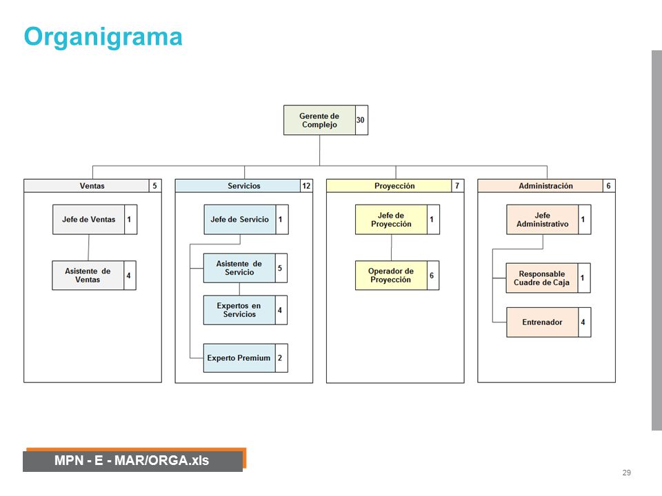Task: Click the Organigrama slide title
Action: click(103, 38)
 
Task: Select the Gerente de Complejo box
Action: click(319, 120)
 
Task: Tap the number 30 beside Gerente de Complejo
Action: click(360, 120)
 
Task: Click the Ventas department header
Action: click(92, 185)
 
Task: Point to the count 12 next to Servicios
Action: click(306, 185)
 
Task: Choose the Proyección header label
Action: click(394, 185)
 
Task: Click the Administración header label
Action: click(545, 185)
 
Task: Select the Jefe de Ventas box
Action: click(89, 219)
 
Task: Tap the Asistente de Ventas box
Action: click(88, 276)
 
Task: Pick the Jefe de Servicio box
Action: click(240, 219)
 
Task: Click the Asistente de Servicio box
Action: click(239, 268)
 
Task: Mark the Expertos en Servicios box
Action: click(239, 310)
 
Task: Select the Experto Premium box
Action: click(239, 358)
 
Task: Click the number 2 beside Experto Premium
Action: click(280, 358)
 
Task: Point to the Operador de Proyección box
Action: click(391, 276)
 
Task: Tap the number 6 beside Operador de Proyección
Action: click(432, 276)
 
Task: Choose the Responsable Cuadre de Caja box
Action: click(542, 278)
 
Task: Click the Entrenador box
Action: click(542, 322)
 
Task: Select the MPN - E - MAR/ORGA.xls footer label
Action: click(132, 460)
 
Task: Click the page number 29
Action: click(627, 473)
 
